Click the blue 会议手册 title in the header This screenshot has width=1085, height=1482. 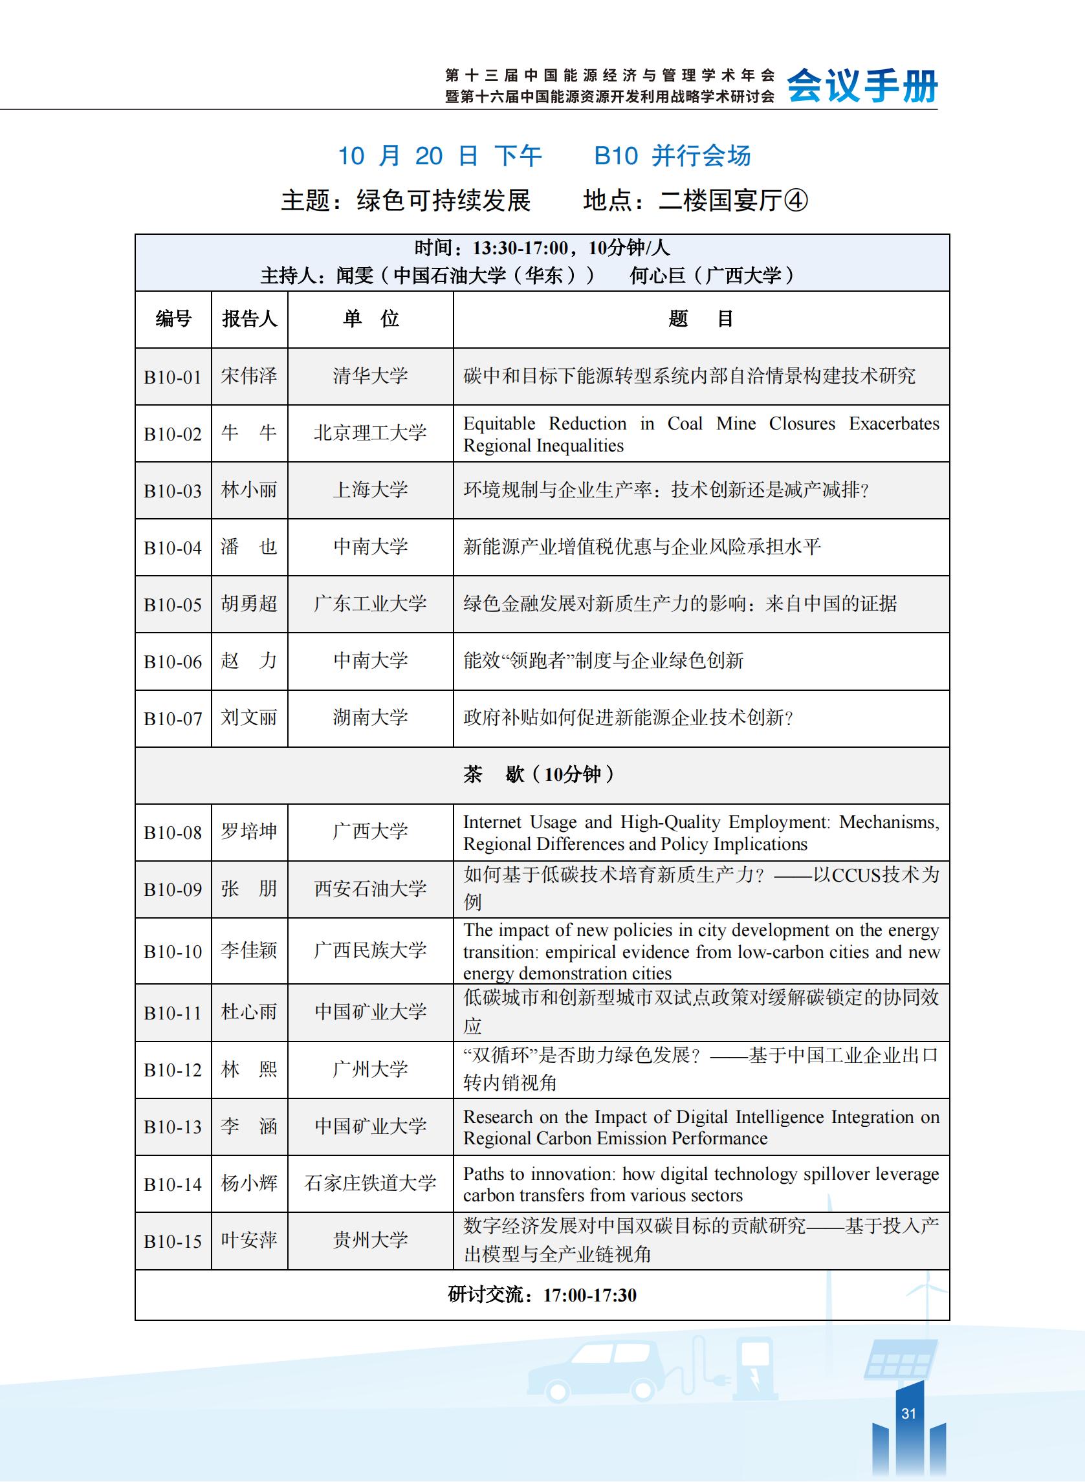862,86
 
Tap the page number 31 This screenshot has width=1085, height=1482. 908,1413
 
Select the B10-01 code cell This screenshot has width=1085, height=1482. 173,377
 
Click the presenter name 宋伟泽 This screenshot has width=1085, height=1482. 249,376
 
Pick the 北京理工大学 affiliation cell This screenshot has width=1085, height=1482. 370,433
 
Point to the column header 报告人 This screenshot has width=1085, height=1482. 249,319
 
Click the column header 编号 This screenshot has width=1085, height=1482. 173,319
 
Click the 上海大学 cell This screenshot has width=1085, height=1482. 370,490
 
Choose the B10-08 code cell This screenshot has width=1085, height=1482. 173,833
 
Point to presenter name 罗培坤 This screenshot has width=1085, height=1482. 249,832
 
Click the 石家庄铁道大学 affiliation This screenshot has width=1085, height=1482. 370,1183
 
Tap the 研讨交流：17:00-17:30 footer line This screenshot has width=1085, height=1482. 541,1295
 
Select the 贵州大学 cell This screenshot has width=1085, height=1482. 370,1240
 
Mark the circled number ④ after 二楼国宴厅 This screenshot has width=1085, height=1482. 795,201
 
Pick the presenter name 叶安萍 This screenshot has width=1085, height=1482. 249,1240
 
